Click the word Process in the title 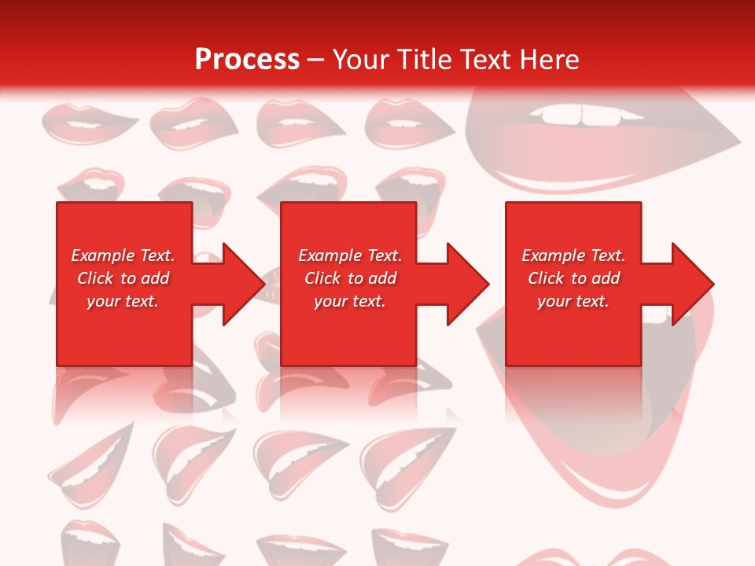247,60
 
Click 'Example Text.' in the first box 123,255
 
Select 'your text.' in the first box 123,301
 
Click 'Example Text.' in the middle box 350,255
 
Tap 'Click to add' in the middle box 350,278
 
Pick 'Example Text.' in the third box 573,255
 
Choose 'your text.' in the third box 573,301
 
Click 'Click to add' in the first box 123,278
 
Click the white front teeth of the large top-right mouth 584,115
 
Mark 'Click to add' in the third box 573,278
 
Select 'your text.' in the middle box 350,301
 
